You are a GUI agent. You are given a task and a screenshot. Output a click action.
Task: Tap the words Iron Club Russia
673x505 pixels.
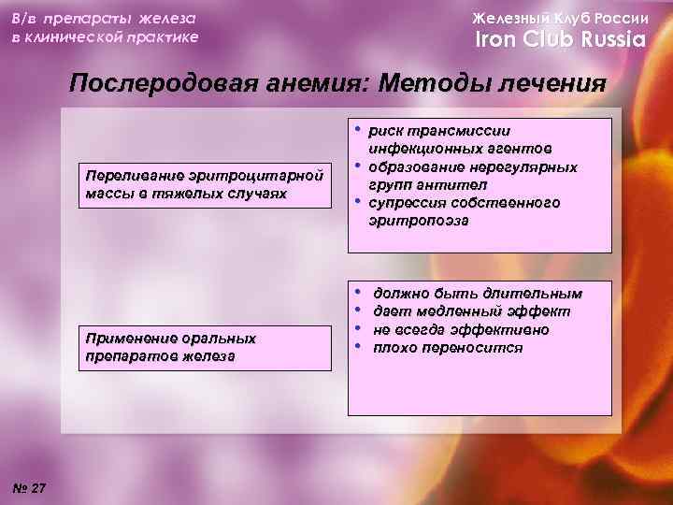point(561,40)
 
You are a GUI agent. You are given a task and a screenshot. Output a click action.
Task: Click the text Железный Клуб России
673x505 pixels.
point(560,18)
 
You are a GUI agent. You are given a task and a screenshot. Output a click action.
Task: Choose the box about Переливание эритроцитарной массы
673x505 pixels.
point(205,184)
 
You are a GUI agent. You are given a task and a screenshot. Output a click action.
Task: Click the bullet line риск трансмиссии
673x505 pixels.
point(439,132)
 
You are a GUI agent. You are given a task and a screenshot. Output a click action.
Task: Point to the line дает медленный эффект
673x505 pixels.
point(471,311)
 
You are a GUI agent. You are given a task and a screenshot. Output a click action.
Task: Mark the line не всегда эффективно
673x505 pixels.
point(461,330)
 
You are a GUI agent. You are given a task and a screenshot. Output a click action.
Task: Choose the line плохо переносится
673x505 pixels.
point(448,348)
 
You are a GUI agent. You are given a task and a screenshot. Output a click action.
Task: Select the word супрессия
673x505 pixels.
point(409,203)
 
